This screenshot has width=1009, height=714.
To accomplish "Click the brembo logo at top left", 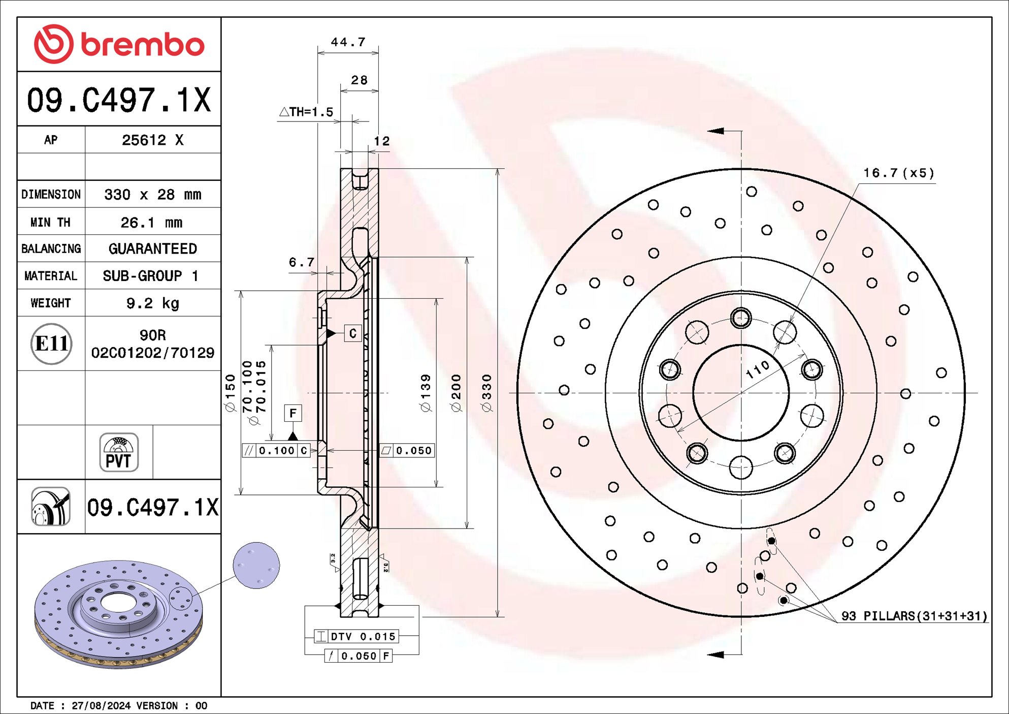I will [x=119, y=44].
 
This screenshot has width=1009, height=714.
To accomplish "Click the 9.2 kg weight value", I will [x=152, y=303].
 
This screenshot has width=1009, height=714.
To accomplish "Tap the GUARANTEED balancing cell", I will [x=152, y=249].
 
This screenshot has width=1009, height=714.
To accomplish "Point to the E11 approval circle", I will [x=51, y=344].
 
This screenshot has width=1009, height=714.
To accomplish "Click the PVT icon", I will [x=119, y=452].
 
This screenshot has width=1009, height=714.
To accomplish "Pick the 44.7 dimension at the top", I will [x=348, y=42].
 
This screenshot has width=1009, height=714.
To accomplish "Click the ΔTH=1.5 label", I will [x=307, y=112].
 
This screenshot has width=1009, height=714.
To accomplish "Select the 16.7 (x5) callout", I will [x=898, y=173].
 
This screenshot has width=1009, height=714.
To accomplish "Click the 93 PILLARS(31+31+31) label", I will [x=914, y=616].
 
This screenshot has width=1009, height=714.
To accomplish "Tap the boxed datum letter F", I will [x=293, y=413].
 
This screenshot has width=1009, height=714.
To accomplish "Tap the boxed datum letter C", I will [x=353, y=333].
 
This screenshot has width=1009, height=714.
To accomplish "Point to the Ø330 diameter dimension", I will [x=486, y=393].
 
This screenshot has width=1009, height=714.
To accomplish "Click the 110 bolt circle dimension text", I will [x=757, y=369].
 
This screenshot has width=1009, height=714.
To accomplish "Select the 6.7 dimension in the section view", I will [x=301, y=262].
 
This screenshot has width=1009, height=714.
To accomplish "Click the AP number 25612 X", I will [x=152, y=140].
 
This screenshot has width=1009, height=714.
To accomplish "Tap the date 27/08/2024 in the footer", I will [x=101, y=705].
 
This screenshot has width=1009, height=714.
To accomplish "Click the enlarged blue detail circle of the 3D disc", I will [x=256, y=565].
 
